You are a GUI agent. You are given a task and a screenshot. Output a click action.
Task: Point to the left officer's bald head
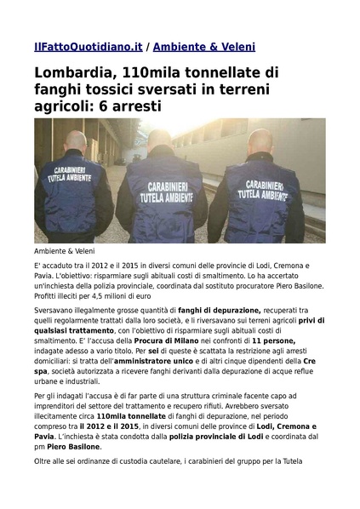[x=76, y=140]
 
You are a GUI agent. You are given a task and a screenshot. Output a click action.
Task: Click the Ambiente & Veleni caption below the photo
[x=65, y=251]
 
